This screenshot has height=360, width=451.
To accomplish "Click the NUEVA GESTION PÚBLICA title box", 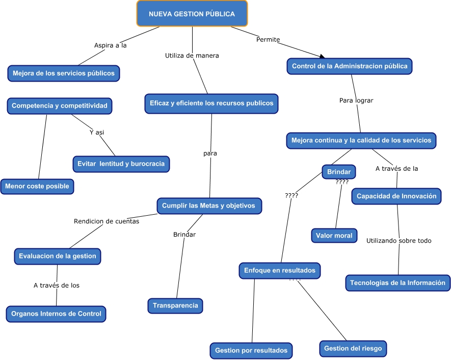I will click(192, 14).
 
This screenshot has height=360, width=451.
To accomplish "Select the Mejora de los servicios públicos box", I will click(64, 73).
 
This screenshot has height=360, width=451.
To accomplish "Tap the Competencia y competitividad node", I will click(60, 106).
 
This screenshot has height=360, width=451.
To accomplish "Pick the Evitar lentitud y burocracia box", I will click(121, 164).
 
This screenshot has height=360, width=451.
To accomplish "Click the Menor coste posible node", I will click(37, 186).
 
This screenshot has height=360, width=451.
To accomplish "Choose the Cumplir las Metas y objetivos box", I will click(209, 205).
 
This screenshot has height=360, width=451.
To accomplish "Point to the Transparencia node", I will click(175, 305).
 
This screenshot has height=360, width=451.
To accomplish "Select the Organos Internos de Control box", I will click(56, 314).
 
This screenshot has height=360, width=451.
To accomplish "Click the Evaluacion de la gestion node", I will click(57, 256).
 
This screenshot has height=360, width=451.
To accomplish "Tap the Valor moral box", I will click(334, 236).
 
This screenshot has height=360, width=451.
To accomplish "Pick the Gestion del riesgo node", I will click(353, 349).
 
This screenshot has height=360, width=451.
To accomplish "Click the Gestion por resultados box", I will click(251, 350).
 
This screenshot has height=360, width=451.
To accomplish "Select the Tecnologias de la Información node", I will click(397, 282).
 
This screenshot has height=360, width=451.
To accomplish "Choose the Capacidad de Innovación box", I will click(396, 196).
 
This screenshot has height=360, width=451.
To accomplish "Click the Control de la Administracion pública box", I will click(349, 66).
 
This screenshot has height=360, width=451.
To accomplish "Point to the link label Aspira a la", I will click(110, 45).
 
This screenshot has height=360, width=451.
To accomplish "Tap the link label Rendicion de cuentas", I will click(106, 221).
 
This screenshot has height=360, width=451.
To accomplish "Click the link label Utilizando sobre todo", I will click(399, 241).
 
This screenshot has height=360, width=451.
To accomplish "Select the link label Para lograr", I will click(356, 100).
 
